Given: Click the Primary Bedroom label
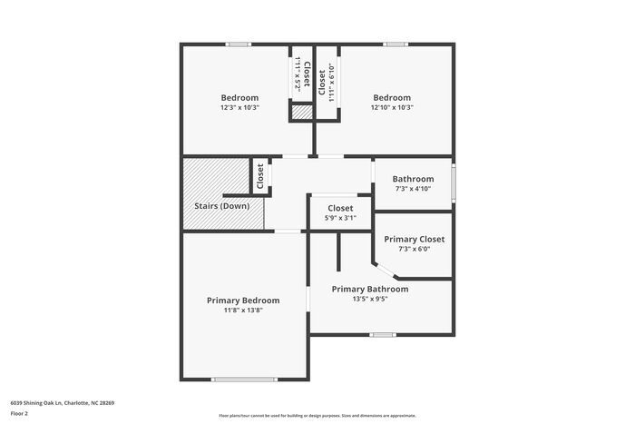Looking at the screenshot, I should click(x=243, y=301).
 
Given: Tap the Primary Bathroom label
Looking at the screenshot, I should click(x=369, y=289).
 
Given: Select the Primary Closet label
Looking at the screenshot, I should click(x=414, y=240).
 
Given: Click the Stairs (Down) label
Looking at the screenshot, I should click(x=222, y=205).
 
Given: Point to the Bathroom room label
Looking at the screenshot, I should click(x=413, y=179).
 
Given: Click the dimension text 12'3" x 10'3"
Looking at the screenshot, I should click(x=239, y=108).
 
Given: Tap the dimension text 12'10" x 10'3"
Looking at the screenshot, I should click(x=392, y=108).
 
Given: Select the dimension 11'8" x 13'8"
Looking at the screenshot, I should click(x=243, y=311).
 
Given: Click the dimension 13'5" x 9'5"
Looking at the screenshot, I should click(x=369, y=299).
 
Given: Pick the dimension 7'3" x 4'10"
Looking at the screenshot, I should click(x=413, y=189).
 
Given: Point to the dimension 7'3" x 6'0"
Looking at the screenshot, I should click(x=414, y=250).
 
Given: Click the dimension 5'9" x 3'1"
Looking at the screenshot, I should click(x=340, y=218).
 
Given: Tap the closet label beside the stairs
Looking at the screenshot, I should click(x=260, y=176).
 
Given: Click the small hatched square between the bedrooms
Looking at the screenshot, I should click(x=301, y=113).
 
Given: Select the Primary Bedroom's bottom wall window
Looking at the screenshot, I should click(x=244, y=379).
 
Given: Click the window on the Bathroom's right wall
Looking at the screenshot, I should click(x=454, y=179).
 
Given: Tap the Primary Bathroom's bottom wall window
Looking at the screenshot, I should click(x=383, y=334).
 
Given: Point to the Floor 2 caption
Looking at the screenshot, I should click(x=20, y=413).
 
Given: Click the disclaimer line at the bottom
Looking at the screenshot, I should click(x=317, y=414).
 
